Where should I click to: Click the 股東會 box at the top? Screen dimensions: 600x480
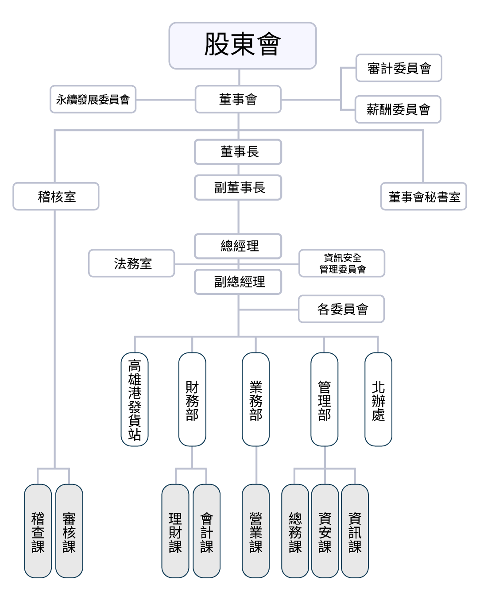tap(242, 46)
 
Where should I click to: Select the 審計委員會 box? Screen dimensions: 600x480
tap(399, 68)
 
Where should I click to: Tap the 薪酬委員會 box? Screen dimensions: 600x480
tap(398, 109)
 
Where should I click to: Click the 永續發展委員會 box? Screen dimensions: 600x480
tap(93, 100)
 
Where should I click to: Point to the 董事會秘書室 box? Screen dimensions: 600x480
tap(423, 197)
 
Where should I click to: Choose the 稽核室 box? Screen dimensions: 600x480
tap(56, 197)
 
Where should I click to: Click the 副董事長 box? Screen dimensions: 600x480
tap(238, 188)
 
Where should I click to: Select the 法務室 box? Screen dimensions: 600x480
tap(132, 263)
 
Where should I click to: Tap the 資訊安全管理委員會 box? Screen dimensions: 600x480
tap(342, 263)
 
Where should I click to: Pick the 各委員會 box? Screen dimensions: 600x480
tap(341, 309)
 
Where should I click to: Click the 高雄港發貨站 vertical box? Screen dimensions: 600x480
tap(135, 399)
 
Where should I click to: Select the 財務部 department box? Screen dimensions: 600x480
tap(192, 399)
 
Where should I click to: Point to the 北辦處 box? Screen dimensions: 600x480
tap(378, 399)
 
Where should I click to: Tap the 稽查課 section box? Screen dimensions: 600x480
tap(38, 531)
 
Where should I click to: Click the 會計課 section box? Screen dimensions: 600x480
tap(206, 531)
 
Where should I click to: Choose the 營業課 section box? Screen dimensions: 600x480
tap(255, 531)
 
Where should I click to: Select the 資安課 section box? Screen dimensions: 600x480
tap(325, 531)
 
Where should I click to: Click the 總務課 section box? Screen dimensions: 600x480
tap(295, 531)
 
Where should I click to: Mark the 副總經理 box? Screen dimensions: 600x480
tap(238, 282)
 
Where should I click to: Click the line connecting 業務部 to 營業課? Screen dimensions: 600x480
tap(256, 465)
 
